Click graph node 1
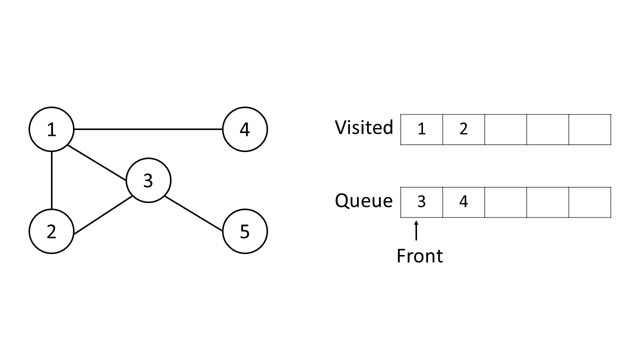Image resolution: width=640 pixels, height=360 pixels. click(51, 129)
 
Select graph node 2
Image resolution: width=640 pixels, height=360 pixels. click(51, 231)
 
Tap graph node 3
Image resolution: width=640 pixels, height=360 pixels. click(148, 180)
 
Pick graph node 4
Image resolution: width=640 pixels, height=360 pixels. click(244, 129)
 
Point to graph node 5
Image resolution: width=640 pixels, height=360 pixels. click(244, 231)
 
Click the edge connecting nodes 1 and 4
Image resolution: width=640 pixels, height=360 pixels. click(148, 129)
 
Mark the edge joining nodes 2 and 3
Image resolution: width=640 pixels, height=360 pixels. click(102, 215)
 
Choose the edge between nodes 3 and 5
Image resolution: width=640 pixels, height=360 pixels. click(194, 214)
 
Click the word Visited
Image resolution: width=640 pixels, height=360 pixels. click(364, 127)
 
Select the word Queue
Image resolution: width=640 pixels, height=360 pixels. click(364, 201)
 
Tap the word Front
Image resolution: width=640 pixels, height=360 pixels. click(419, 256)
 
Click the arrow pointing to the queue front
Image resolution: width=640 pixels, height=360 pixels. click(416, 231)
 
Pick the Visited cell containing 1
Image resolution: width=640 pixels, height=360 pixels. click(421, 129)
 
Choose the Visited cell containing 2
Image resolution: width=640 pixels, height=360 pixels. click(463, 129)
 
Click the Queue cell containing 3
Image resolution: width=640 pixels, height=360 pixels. click(421, 202)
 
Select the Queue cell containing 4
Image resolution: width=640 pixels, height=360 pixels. click(463, 202)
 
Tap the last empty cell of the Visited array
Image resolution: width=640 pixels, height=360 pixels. click(589, 129)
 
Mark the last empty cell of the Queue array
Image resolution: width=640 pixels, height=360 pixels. click(589, 202)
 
